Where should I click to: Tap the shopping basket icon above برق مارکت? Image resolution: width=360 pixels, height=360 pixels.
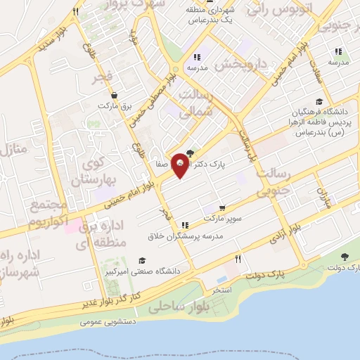point(124,95)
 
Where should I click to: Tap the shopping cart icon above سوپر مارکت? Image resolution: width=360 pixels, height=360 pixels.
point(222,208)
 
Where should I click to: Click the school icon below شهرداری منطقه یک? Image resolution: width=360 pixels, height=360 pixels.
point(198,57)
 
